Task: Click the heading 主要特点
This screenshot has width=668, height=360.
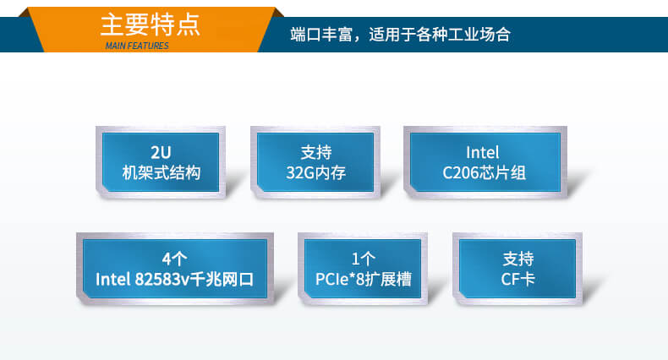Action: pos(150,24)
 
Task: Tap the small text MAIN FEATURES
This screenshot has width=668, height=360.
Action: pos(136,46)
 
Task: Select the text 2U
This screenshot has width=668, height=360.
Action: pos(161,153)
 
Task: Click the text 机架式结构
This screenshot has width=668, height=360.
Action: pos(161,173)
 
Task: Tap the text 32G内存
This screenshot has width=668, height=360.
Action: pos(316,173)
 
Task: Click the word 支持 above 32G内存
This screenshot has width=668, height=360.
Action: pos(316,153)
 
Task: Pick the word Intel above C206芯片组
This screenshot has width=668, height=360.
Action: pos(483,153)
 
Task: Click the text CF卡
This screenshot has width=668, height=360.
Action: pos(518,279)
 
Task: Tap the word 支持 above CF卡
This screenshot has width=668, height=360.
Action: pos(518,258)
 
